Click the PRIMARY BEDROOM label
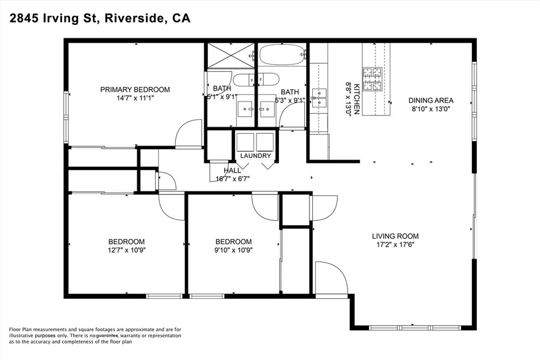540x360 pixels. click(x=135, y=90)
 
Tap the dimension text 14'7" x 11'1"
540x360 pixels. click(x=135, y=98)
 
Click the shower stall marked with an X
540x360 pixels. click(x=230, y=55)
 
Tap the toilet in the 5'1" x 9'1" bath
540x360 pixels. click(x=248, y=80)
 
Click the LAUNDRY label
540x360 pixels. click(x=255, y=156)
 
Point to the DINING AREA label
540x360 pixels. click(x=431, y=101)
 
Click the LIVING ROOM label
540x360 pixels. click(x=395, y=236)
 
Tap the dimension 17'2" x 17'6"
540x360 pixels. click(x=395, y=245)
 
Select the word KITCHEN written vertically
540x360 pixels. click(x=356, y=99)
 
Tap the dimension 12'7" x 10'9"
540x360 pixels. click(x=127, y=250)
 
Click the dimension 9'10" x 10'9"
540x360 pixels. click(x=233, y=250)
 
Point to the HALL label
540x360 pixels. click(x=232, y=170)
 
